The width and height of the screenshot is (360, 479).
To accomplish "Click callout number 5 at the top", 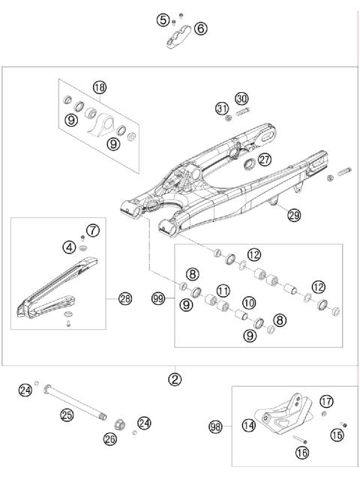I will click(163, 20).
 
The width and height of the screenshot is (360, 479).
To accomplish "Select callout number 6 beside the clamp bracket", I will click(200, 29).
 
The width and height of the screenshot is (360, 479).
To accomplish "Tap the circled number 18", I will click(99, 88).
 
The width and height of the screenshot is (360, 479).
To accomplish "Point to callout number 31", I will click(221, 109).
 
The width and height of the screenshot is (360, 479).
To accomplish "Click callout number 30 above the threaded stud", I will click(241, 98).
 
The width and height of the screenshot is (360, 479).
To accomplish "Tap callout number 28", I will click(125, 299).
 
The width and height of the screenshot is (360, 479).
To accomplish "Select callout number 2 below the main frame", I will click(174, 379).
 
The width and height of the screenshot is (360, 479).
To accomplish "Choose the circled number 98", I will click(215, 427).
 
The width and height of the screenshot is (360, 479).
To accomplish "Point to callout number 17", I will click(326, 401).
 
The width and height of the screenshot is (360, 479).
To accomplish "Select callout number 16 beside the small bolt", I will click(302, 453).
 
